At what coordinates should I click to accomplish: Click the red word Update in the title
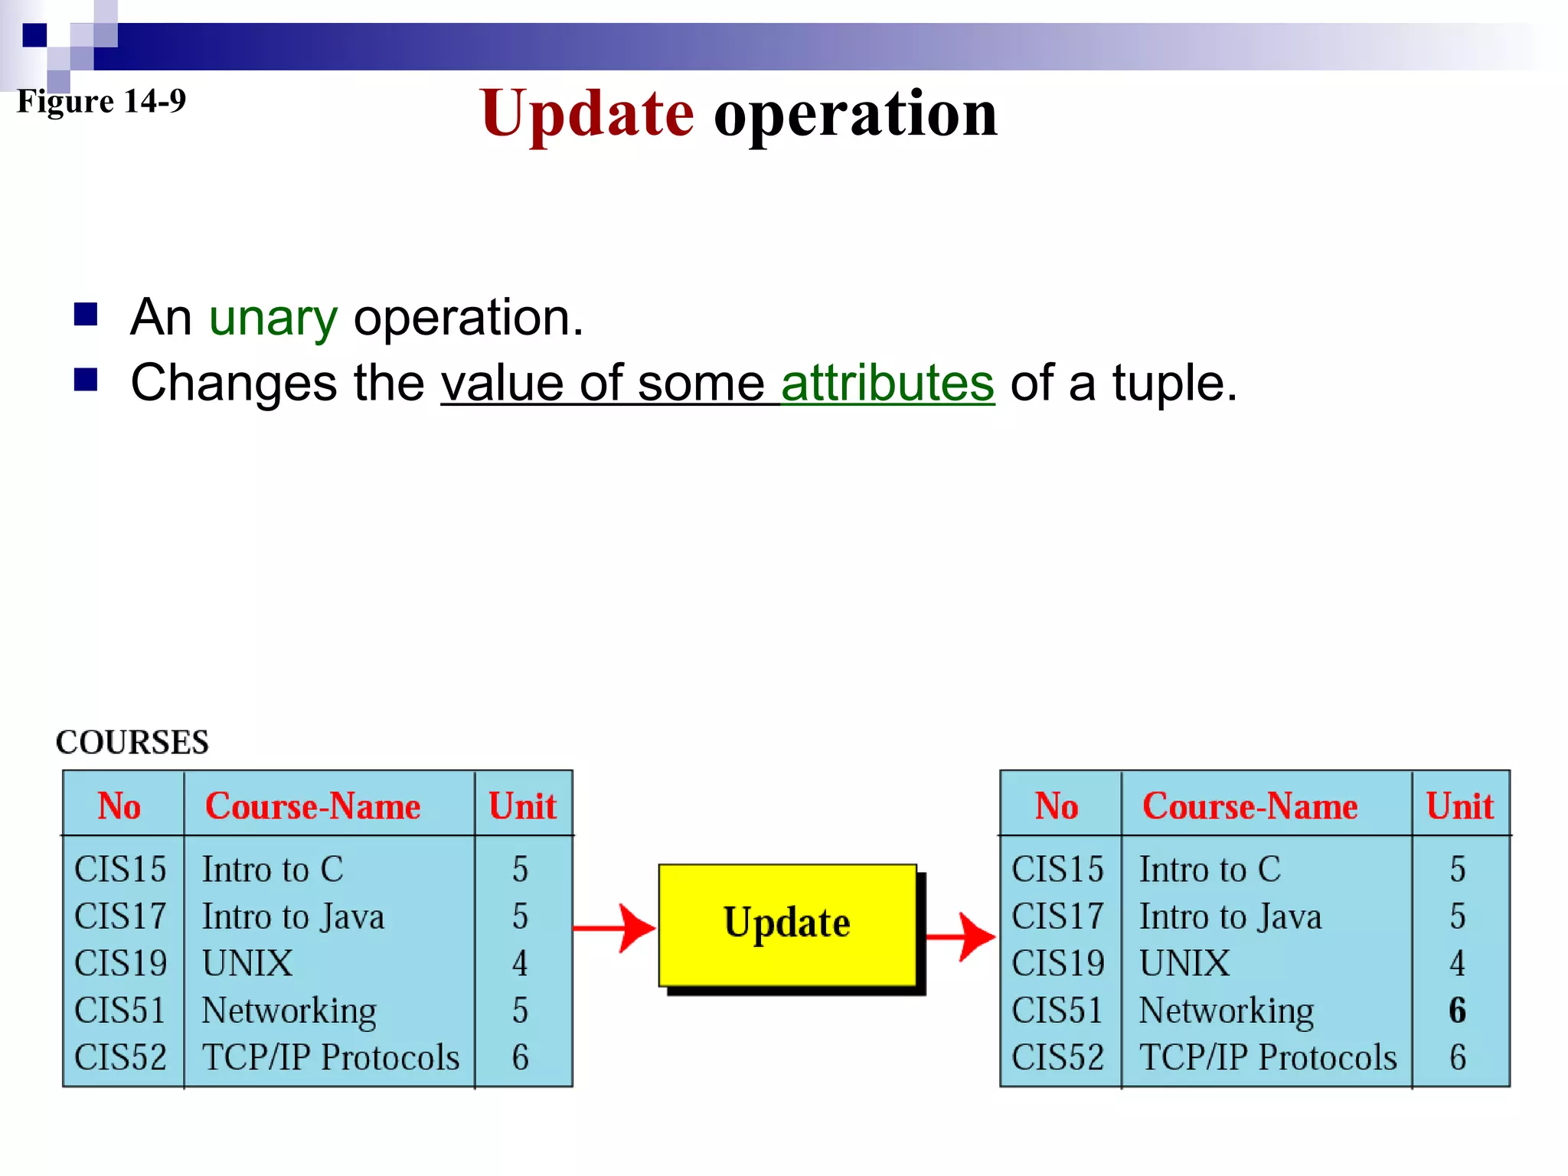pos(587,114)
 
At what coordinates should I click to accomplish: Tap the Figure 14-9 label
pos(101,101)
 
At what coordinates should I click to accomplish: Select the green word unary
pos(273,318)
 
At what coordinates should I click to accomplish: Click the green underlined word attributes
pos(887,383)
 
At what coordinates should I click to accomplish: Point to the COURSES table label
pos(132,742)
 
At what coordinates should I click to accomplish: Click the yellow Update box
pos(787,924)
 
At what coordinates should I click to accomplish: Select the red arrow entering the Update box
pos(615,929)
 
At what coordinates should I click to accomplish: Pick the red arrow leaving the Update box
pos(960,936)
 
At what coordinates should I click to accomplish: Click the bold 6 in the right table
pos(1457,1011)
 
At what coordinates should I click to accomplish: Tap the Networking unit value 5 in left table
pos(520,1011)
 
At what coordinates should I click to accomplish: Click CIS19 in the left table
pos(120,963)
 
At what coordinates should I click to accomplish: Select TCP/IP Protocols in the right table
pos(1268,1057)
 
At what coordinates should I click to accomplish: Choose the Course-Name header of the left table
pos(312,806)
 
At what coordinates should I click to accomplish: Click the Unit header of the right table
pos(1459,806)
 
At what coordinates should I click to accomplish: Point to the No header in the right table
pos(1057,806)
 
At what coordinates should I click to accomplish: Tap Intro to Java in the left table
pos(292,916)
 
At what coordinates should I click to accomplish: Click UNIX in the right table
pos(1184,963)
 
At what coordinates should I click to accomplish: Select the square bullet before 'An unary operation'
pos(86,315)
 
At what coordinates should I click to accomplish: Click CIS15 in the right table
pos(1057,870)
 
